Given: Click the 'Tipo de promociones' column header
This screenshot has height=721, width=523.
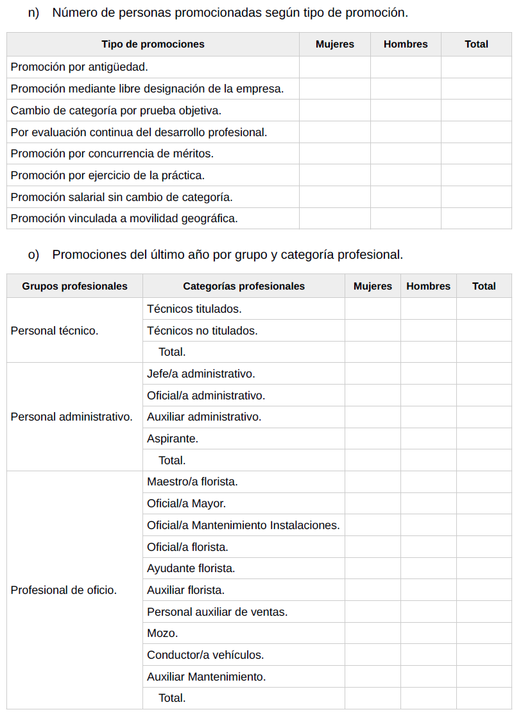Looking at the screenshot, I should (153, 44).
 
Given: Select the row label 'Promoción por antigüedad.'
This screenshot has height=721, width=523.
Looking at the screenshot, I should (80, 67).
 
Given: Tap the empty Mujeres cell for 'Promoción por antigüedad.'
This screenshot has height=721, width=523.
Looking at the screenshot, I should (334, 67).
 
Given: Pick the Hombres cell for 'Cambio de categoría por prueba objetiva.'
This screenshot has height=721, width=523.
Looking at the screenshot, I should (405, 110).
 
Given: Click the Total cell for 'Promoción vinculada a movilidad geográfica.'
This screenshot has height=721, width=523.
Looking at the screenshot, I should (476, 218).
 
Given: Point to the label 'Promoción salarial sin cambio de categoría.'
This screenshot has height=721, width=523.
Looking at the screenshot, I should (122, 197).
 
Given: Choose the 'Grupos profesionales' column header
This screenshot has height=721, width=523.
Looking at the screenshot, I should (74, 286).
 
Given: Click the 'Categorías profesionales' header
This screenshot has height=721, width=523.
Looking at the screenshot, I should (244, 286).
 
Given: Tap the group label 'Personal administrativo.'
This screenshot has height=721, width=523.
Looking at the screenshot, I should (72, 417).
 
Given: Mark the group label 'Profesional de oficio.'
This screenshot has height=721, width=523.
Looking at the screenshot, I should (64, 590).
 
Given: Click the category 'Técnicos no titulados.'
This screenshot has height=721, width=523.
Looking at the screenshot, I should (202, 331).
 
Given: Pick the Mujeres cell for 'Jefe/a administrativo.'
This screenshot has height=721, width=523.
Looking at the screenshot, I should (372, 374).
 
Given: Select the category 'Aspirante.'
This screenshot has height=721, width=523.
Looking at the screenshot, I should (173, 439).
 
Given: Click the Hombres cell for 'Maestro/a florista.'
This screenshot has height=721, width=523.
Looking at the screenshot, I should (428, 482).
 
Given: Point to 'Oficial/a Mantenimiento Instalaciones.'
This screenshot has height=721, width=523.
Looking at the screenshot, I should (243, 525).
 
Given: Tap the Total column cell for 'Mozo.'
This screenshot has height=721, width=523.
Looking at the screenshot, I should (484, 633).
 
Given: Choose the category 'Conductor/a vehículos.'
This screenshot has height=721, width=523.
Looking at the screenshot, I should (205, 655).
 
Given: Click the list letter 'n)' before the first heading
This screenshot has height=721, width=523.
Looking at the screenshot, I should (34, 13).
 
